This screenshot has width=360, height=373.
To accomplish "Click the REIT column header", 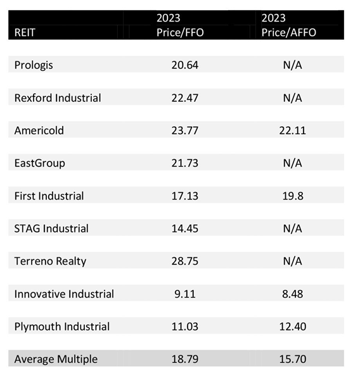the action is click(x=25, y=32).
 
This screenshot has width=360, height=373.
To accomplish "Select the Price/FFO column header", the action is click(x=180, y=25).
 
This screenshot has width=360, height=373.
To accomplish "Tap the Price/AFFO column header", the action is click(x=288, y=25).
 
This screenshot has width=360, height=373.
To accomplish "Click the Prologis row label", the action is click(x=34, y=65).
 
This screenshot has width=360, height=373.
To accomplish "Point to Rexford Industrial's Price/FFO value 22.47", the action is click(x=185, y=98).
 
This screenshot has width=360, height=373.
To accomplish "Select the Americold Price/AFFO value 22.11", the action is click(x=292, y=130).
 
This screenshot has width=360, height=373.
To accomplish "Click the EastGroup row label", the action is click(x=39, y=163).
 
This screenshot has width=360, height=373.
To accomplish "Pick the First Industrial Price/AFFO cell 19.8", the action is click(x=293, y=196).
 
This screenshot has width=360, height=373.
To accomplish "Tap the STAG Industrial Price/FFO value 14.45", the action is click(x=185, y=229).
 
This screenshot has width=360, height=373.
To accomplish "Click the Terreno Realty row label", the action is click(x=50, y=261).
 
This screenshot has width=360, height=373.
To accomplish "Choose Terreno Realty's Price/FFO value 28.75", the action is click(x=185, y=261).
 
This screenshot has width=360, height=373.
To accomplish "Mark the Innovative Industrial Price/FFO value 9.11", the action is click(x=185, y=294).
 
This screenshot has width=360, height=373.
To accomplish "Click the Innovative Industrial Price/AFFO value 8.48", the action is click(x=293, y=294).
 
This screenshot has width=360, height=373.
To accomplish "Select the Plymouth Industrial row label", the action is click(x=62, y=327).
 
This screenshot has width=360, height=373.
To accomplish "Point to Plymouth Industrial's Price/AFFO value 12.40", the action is click(x=293, y=327).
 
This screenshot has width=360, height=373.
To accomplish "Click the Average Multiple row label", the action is click(x=56, y=359).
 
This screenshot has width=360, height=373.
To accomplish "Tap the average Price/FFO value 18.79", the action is click(x=185, y=359).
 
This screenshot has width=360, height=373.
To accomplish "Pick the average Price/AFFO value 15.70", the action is click(x=293, y=359).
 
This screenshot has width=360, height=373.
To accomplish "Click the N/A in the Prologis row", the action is click(x=292, y=65).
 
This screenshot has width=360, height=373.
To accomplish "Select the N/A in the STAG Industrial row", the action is click(x=292, y=229).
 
